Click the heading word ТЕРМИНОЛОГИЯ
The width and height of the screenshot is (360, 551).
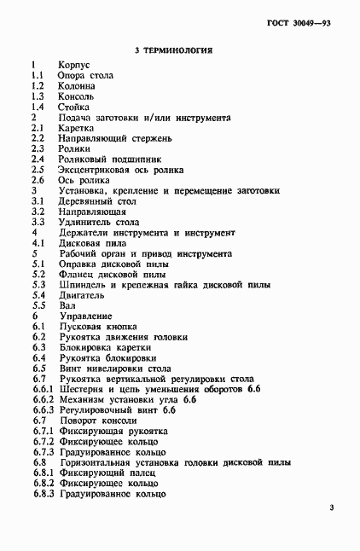click(x=178, y=51)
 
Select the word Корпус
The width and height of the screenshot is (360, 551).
click(x=74, y=65)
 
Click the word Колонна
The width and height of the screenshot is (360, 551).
click(x=77, y=86)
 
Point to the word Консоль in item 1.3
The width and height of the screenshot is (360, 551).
click(x=77, y=96)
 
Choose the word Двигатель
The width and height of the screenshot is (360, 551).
click(x=81, y=294)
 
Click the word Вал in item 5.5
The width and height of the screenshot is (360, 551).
click(x=67, y=305)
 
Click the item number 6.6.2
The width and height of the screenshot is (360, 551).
click(x=43, y=399)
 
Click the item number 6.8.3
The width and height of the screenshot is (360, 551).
click(x=43, y=493)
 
